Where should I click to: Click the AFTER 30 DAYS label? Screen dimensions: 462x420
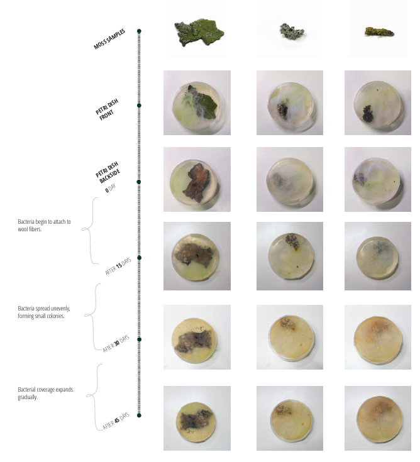tap(116, 343)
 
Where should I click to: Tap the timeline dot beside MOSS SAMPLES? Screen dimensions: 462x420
tap(139, 30)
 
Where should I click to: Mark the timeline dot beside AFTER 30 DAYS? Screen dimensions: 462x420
tap(139, 339)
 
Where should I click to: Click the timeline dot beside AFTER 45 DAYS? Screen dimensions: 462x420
tap(139, 415)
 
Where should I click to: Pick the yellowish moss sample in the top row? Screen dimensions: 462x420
tap(377, 30)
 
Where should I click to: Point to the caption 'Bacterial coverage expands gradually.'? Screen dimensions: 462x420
tap(45, 393)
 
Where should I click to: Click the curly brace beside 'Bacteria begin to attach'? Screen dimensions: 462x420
tap(90, 229)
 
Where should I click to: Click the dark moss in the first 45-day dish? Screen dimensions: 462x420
tap(196, 419)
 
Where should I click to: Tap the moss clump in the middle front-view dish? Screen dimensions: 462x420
tap(282, 111)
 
